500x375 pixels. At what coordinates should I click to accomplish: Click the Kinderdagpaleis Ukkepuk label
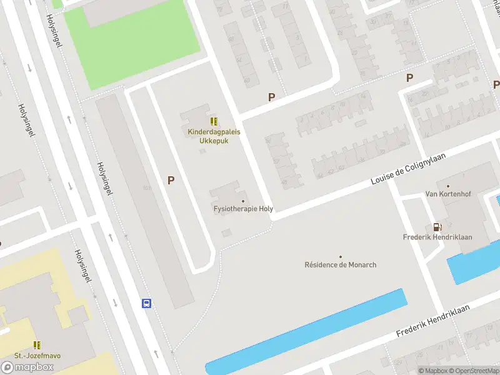[214, 136]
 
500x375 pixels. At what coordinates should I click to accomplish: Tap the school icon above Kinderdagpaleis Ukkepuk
[214, 121]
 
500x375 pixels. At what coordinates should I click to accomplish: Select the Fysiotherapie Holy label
[244, 209]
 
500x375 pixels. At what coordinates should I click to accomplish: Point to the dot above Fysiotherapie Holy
[244, 201]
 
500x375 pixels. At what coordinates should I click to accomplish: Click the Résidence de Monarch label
[340, 264]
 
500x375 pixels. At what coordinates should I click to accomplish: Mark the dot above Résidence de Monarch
[341, 256]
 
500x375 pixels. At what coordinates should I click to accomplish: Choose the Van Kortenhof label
[447, 194]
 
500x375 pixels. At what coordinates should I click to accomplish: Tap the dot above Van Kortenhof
[447, 186]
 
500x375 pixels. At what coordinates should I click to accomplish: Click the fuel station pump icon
[437, 227]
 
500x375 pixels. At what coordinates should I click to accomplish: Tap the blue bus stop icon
[146, 303]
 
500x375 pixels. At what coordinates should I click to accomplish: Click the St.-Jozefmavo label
[37, 356]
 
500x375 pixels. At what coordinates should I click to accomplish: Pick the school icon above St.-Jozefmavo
[37, 345]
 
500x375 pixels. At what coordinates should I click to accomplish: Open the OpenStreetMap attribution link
[471, 371]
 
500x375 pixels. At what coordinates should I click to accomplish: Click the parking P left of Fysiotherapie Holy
[170, 180]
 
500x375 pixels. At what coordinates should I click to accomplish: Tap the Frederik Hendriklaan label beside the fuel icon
[437, 237]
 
